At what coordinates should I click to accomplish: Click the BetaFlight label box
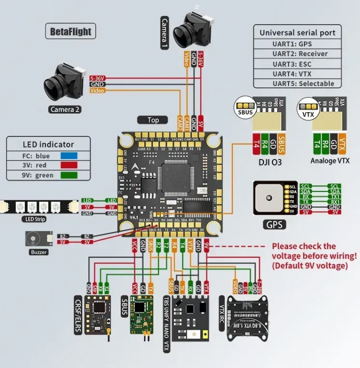[x=70, y=31]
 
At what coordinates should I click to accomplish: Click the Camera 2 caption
[x=66, y=109]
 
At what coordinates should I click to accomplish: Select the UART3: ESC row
[x=298, y=64]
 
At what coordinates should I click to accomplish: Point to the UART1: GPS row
[x=298, y=44]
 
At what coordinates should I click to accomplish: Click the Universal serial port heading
[x=297, y=32]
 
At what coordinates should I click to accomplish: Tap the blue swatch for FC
[x=69, y=154]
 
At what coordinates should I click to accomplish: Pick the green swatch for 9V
[x=69, y=175]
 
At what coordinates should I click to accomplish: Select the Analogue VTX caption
[x=330, y=161]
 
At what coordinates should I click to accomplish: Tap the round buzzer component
[x=33, y=239]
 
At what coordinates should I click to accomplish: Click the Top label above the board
[x=153, y=120]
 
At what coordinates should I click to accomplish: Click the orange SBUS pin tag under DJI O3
[x=281, y=144]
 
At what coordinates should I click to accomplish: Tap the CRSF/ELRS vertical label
[x=78, y=313]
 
